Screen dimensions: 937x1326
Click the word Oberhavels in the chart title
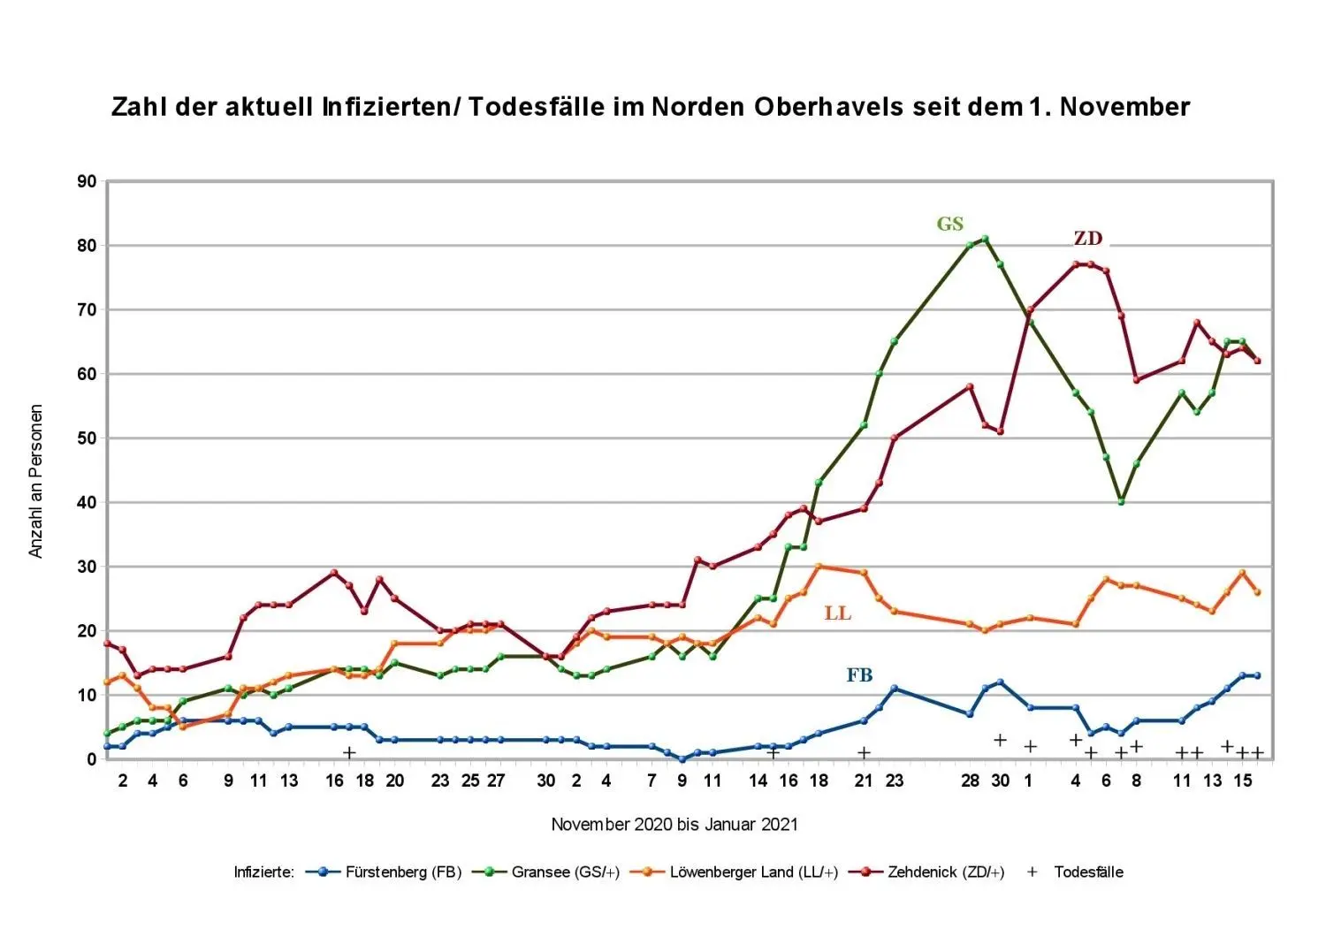point(828,107)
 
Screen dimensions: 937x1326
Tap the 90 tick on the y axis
point(87,182)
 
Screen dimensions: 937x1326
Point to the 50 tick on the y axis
point(87,438)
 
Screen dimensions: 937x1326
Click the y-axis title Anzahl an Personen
point(36,481)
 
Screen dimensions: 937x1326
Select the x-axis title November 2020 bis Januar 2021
point(674,825)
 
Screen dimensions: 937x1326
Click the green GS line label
point(949,225)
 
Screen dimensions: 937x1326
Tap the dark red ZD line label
point(1087,239)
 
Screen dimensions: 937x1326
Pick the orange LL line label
point(837,613)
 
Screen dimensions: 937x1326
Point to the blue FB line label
point(859,675)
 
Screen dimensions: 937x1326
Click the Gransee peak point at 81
point(986,239)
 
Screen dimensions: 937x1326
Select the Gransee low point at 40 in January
point(1121,501)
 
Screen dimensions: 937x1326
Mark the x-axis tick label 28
point(970,781)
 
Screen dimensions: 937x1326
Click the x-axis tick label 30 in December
point(1000,781)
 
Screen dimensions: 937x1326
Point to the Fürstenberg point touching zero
point(682,758)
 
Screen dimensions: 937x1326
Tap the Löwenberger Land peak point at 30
point(819,567)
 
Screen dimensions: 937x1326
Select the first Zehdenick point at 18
point(108,644)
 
